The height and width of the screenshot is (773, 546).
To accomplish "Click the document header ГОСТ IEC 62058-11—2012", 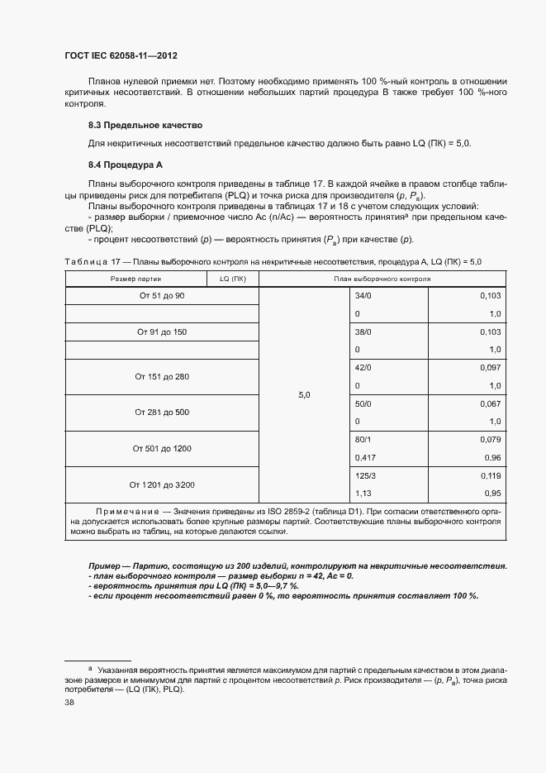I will click(121, 56).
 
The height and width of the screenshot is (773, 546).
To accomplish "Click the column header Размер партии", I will click(136, 279).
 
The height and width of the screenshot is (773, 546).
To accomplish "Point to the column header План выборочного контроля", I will click(382, 279).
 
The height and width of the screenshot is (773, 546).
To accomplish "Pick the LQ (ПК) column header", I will click(233, 279).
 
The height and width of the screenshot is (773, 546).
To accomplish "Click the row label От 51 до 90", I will click(162, 295).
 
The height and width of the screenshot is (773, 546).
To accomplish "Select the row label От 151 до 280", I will click(162, 376).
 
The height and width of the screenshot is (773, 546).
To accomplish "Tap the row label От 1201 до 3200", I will click(162, 484).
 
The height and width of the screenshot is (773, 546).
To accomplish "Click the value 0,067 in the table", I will click(491, 403).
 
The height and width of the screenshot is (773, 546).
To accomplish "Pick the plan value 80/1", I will click(363, 440).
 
